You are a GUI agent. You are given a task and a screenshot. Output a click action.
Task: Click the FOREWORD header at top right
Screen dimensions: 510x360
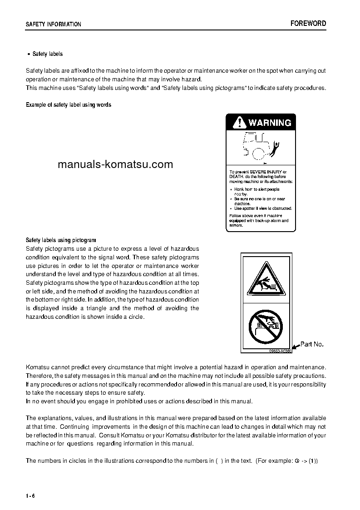point(308,24)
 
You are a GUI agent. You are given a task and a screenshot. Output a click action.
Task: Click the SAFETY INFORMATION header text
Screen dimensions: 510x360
point(54,25)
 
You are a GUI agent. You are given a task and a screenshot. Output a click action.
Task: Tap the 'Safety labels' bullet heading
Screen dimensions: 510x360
point(47,54)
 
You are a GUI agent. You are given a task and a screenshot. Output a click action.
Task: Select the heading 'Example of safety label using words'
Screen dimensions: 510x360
point(69,105)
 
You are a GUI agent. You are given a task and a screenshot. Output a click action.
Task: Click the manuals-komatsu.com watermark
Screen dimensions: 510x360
point(115,164)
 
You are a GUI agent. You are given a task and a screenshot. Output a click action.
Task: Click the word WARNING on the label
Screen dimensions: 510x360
point(270,123)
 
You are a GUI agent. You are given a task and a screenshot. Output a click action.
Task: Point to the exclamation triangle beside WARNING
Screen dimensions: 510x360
point(238,123)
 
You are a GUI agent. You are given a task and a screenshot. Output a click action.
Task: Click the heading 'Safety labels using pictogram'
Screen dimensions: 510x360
point(61,240)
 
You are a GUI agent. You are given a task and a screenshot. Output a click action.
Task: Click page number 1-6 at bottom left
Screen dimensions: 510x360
point(30,495)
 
